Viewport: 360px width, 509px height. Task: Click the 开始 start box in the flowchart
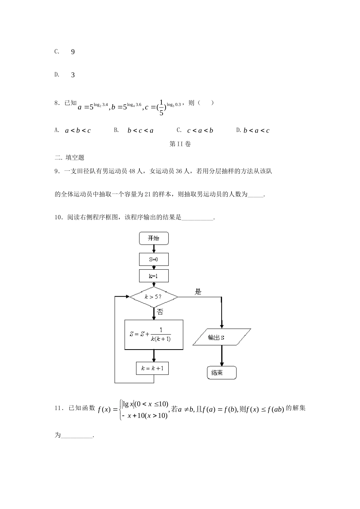(x=153, y=238)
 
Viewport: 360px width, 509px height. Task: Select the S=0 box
(x=153, y=259)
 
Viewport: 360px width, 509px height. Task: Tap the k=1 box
(x=153, y=276)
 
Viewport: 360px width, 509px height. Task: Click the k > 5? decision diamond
(x=153, y=297)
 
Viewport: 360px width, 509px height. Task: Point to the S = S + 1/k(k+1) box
(x=153, y=334)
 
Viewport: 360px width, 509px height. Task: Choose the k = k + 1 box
(x=152, y=368)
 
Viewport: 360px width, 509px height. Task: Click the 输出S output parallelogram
(x=221, y=337)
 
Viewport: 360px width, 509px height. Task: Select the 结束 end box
(x=221, y=373)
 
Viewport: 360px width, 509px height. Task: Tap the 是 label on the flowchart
(x=198, y=292)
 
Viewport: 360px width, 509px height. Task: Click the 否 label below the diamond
(x=160, y=312)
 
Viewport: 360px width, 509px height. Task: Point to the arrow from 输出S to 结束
(x=221, y=356)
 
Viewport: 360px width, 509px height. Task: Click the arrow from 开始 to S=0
(x=153, y=249)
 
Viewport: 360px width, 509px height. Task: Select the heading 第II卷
(x=180, y=144)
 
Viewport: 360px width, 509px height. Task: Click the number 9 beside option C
(x=73, y=52)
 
